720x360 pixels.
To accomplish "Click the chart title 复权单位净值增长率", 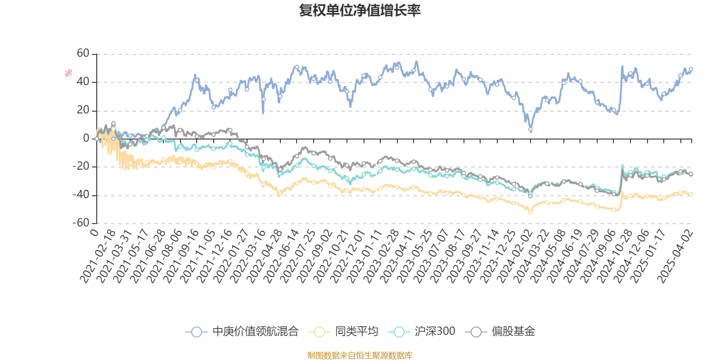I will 360,10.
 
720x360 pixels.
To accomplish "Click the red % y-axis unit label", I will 68,72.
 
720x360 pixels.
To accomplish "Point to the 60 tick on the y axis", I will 83,54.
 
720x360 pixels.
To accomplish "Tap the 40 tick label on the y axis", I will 83,82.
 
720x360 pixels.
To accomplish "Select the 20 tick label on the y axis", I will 83,110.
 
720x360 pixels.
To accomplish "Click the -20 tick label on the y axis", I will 81,166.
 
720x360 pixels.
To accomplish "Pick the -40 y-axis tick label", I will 81,195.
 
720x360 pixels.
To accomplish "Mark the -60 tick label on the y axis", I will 81,223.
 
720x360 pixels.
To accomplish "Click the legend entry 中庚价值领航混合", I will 255,332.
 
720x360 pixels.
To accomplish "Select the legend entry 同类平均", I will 356,332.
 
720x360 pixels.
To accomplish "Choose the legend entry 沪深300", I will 434,332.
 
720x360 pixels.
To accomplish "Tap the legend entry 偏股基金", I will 513,332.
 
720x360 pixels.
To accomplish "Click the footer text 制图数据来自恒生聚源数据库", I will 360,355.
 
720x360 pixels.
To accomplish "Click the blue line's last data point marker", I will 691,70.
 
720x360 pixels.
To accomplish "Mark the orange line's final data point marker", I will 691,194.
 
